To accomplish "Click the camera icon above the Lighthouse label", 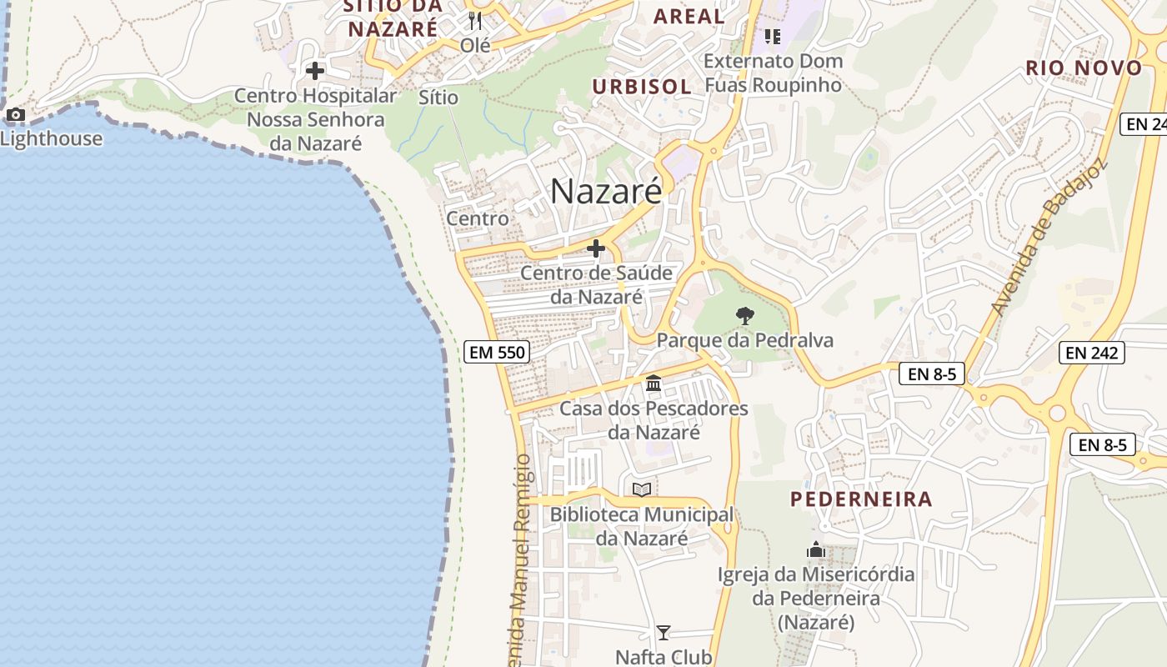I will click(15, 115).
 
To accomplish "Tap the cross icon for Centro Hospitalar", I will click(315, 71).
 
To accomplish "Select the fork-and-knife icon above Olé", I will click(475, 20).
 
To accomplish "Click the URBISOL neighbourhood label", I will click(642, 87).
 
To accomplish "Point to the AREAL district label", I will click(689, 16).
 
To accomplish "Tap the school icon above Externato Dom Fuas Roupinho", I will click(773, 37).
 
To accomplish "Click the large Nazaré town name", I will click(606, 192).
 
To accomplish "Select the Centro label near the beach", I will click(478, 218).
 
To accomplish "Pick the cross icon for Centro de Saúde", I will click(596, 248).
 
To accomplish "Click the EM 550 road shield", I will click(497, 352).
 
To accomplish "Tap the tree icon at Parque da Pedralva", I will click(745, 316).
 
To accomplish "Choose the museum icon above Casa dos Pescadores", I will click(654, 384).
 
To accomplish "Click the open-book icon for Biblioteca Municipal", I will click(642, 489).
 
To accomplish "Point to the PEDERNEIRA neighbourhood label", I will click(861, 499).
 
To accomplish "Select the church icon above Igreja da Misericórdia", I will click(816, 549).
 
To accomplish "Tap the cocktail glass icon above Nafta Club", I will click(664, 633).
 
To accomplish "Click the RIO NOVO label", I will click(1084, 68).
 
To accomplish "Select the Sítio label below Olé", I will click(438, 98).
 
